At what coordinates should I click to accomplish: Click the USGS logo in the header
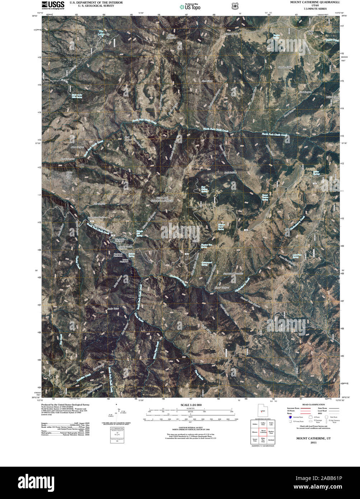click(53, 5)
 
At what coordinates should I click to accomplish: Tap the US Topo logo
click(190, 6)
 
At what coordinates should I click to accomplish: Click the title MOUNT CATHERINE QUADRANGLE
click(315, 2)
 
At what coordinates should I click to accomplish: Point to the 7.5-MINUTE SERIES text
click(315, 8)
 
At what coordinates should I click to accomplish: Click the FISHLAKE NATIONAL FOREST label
click(165, 200)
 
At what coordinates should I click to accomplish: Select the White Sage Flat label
click(69, 175)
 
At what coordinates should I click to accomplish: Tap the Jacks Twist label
click(113, 308)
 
